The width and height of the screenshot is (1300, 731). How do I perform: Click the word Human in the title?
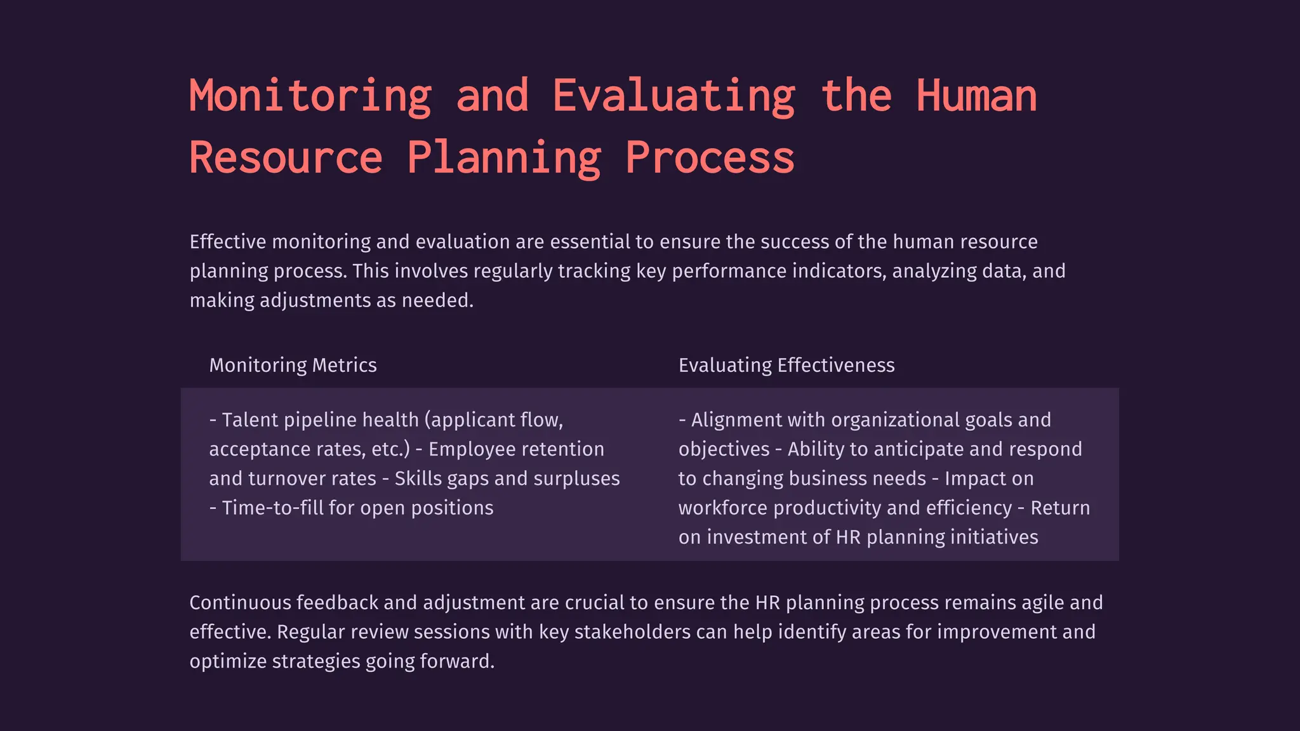click(x=976, y=96)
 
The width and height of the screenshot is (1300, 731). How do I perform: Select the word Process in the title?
click(x=710, y=158)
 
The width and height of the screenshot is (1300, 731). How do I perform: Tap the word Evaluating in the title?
click(x=673, y=96)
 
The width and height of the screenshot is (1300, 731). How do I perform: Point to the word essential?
click(x=590, y=242)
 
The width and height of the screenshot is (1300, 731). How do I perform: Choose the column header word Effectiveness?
click(x=836, y=365)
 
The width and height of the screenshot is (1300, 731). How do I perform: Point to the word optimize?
click(x=228, y=661)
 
